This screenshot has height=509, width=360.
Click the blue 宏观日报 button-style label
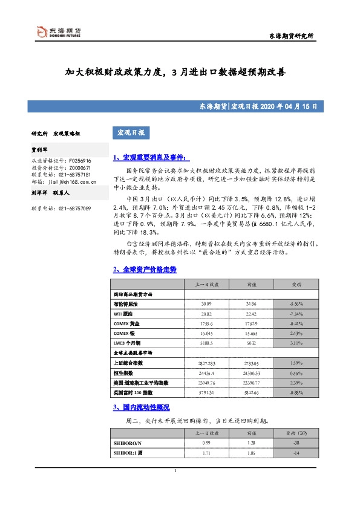pyautogui.click(x=129, y=132)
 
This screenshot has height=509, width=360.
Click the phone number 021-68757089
pyautogui.click(x=74, y=208)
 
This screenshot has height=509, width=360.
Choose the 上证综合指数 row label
pyautogui.click(x=128, y=363)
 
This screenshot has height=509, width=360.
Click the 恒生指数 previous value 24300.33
pyautogui.click(x=247, y=374)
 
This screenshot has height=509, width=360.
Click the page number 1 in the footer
pyautogui.click(x=175, y=471)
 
